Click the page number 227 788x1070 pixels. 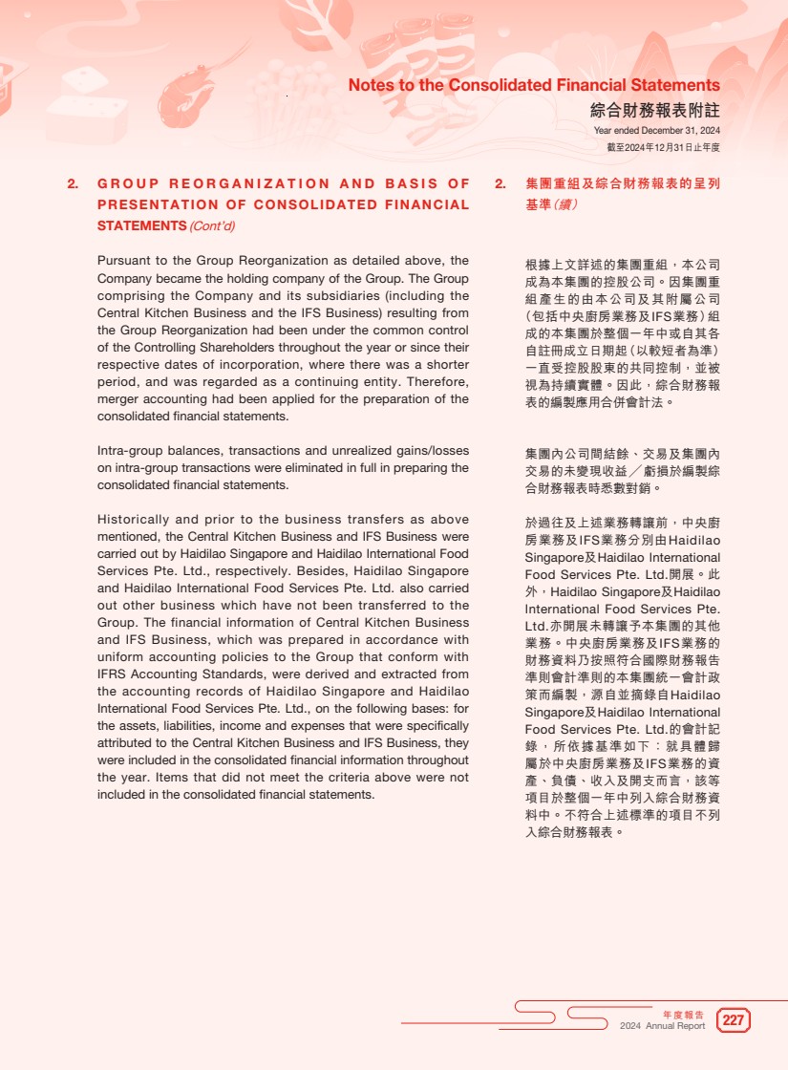point(734,1020)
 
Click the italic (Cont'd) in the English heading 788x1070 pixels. point(212,226)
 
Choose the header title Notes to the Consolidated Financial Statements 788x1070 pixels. point(534,85)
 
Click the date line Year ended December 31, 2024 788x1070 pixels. point(656,131)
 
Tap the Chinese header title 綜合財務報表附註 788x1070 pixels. point(655,110)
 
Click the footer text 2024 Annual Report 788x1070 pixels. point(662,1026)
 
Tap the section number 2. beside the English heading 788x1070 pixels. point(73,183)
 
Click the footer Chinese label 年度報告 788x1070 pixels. point(684,1015)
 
